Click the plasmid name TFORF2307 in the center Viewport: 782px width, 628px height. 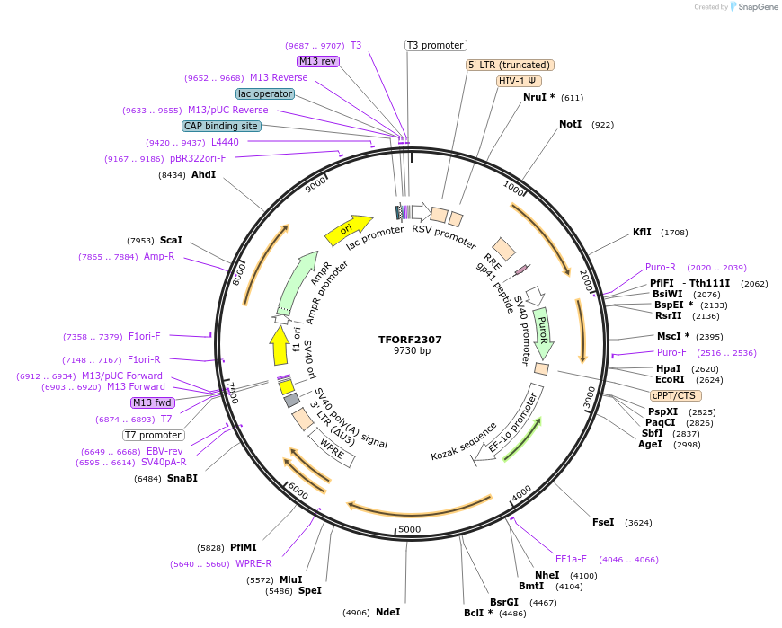point(410,340)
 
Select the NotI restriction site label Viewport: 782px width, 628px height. point(570,124)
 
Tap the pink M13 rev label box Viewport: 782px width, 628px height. point(317,61)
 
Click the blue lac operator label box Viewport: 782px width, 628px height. point(265,93)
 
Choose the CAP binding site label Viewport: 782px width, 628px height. point(221,127)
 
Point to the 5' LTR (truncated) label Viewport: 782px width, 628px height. point(510,65)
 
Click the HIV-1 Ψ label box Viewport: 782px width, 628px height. point(519,81)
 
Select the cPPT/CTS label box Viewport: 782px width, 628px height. point(676,395)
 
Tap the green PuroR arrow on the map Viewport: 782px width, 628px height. point(542,329)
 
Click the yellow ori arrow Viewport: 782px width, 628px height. point(349,230)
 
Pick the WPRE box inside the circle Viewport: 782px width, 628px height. point(333,447)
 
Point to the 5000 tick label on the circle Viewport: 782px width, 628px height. point(409,529)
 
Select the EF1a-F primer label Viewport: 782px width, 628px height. point(571,559)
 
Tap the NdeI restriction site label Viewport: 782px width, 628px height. point(387,612)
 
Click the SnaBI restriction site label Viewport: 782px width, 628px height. point(182,478)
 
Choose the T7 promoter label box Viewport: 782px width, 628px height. point(154,435)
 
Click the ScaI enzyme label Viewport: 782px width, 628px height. point(171,240)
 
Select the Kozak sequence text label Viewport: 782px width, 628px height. point(464,439)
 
